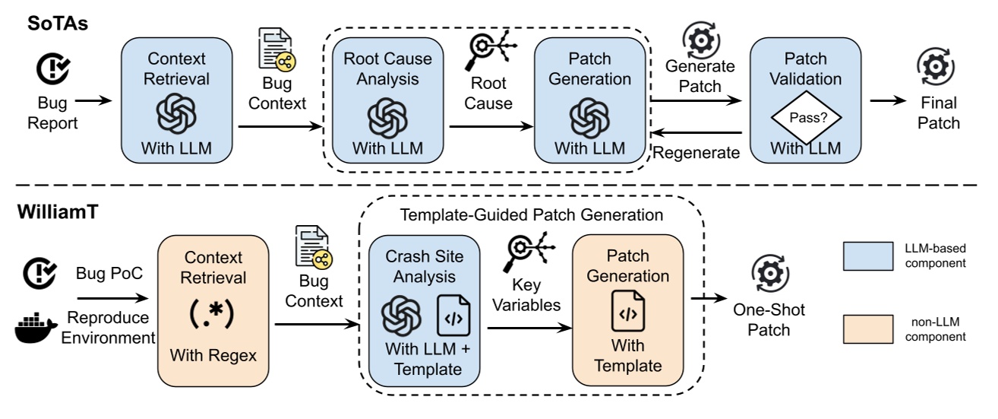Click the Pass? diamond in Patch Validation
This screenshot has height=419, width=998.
pyautogui.click(x=806, y=118)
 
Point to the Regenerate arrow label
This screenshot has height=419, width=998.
pyautogui.click(x=696, y=152)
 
